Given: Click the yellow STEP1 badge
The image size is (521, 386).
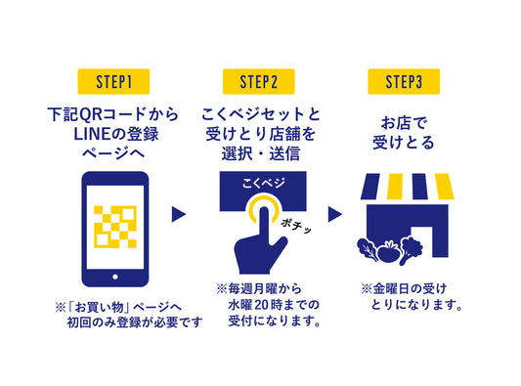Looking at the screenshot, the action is tap(113, 82).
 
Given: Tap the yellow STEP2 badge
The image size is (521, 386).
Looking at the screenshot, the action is tap(258, 82).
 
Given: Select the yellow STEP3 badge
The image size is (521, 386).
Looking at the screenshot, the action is tap(404, 82).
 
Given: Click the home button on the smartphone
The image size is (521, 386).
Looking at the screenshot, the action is tap(115, 277).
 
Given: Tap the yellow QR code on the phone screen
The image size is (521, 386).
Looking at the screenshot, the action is tap(115, 227).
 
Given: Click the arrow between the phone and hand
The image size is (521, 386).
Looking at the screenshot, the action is tap(179, 214).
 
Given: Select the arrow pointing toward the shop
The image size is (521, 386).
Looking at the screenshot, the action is tap(335, 214).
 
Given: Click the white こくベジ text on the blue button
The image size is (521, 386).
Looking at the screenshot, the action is tap(263, 183).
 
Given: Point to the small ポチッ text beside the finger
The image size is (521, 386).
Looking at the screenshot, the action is tap(296, 226).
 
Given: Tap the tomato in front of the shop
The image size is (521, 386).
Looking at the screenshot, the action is tap(388, 251).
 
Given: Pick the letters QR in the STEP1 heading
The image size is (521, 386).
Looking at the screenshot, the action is tap(90, 114).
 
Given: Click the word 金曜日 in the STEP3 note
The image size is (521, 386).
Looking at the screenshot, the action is tap(391, 288).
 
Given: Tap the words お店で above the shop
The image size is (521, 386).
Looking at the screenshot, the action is tap(404, 123).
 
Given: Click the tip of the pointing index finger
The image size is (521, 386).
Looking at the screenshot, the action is tap(264, 209).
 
